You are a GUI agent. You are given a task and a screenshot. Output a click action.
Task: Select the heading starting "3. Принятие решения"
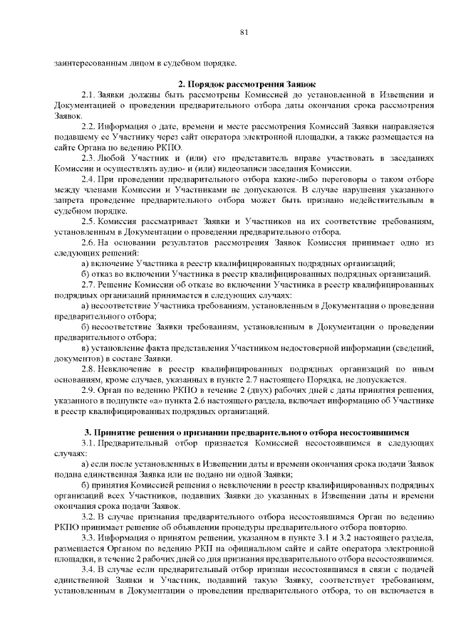(247, 432)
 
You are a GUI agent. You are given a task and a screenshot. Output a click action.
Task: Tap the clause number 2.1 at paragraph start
(88, 95)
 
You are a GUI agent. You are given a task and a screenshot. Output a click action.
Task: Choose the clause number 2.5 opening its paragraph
(88, 221)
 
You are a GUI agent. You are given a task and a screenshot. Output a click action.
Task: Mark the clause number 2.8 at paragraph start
(88, 369)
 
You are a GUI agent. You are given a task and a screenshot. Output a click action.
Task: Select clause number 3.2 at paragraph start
(88, 517)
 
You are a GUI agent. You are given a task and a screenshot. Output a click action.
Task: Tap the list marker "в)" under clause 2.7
(85, 348)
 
